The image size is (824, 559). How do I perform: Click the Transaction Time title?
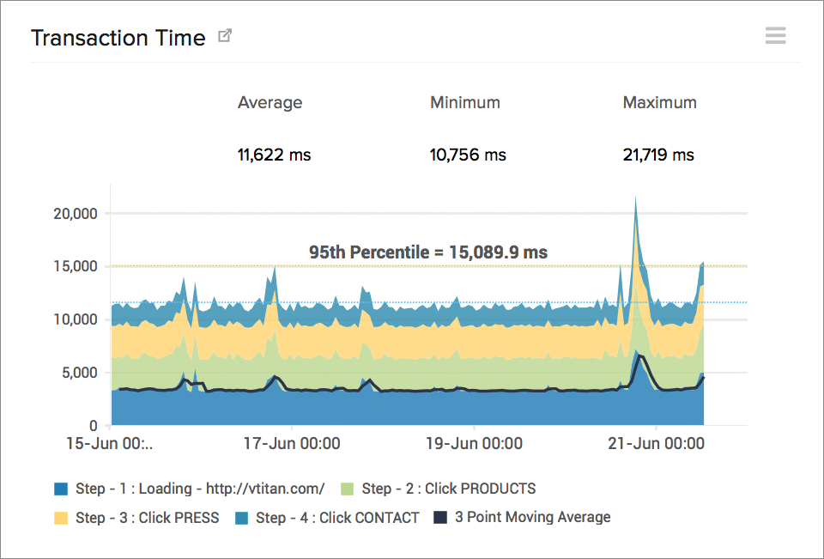pos(118,38)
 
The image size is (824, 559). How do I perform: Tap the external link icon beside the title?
pos(225,36)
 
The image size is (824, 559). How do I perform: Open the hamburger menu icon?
pos(775,35)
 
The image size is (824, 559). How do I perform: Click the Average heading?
pos(270,102)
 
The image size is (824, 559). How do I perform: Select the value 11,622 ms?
pos(274,155)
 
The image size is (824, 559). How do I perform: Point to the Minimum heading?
pos(464,102)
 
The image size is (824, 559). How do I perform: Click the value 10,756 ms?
pos(468,155)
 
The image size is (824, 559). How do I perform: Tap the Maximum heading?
pos(659,102)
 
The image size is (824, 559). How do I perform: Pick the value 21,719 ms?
pos(658,155)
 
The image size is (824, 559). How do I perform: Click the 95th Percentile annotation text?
pos(428,252)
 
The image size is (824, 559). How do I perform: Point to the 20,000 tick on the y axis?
pos(76,213)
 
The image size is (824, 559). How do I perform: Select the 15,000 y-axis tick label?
pos(76,266)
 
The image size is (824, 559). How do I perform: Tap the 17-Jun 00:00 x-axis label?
pos(292,444)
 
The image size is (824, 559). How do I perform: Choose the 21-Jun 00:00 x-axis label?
pos(656,444)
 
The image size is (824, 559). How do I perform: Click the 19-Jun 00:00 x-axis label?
pos(474,444)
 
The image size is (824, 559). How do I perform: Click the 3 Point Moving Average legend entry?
pos(532,517)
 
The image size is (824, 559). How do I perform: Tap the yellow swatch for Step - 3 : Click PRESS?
pos(61,518)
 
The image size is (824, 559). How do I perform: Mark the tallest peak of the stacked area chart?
pos(635,199)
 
